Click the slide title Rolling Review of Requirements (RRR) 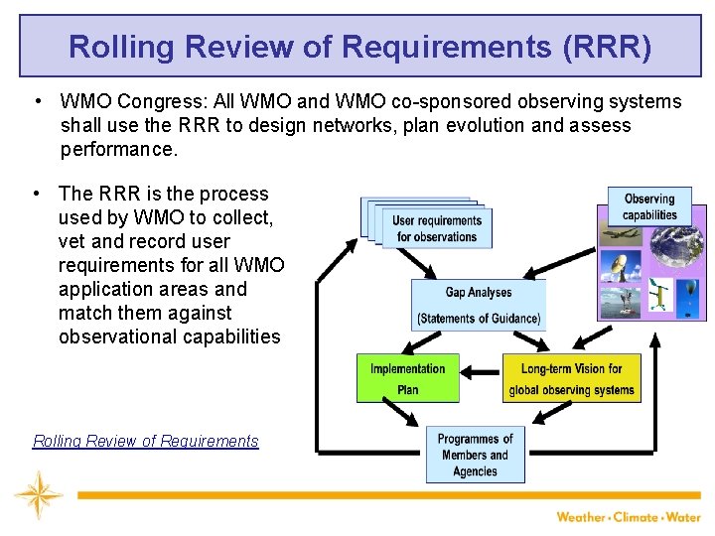(359, 47)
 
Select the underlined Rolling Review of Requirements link (145, 442)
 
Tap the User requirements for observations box (436, 228)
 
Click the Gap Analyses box (478, 305)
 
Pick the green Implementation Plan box (407, 378)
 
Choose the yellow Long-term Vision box (571, 378)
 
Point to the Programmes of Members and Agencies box (475, 455)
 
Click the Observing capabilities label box (648, 206)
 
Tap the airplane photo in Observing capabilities (622, 234)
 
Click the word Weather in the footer (582, 516)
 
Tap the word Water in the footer (683, 516)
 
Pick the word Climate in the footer (637, 516)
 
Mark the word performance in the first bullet (117, 149)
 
